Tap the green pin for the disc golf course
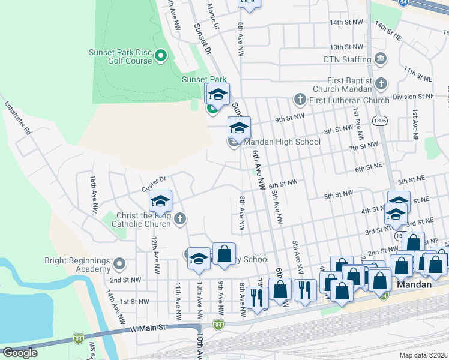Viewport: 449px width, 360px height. (x=161, y=56)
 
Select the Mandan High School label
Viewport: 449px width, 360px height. (x=282, y=142)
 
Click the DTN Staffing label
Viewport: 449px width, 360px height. (x=348, y=59)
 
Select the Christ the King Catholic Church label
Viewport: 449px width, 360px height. (x=141, y=220)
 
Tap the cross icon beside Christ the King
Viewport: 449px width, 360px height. (x=180, y=220)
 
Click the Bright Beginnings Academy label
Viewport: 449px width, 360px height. (x=77, y=265)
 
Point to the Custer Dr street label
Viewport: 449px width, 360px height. (x=153, y=183)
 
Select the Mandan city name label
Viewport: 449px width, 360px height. (x=414, y=284)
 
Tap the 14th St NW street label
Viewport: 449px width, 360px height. (x=346, y=22)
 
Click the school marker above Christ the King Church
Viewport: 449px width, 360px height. (x=160, y=202)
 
